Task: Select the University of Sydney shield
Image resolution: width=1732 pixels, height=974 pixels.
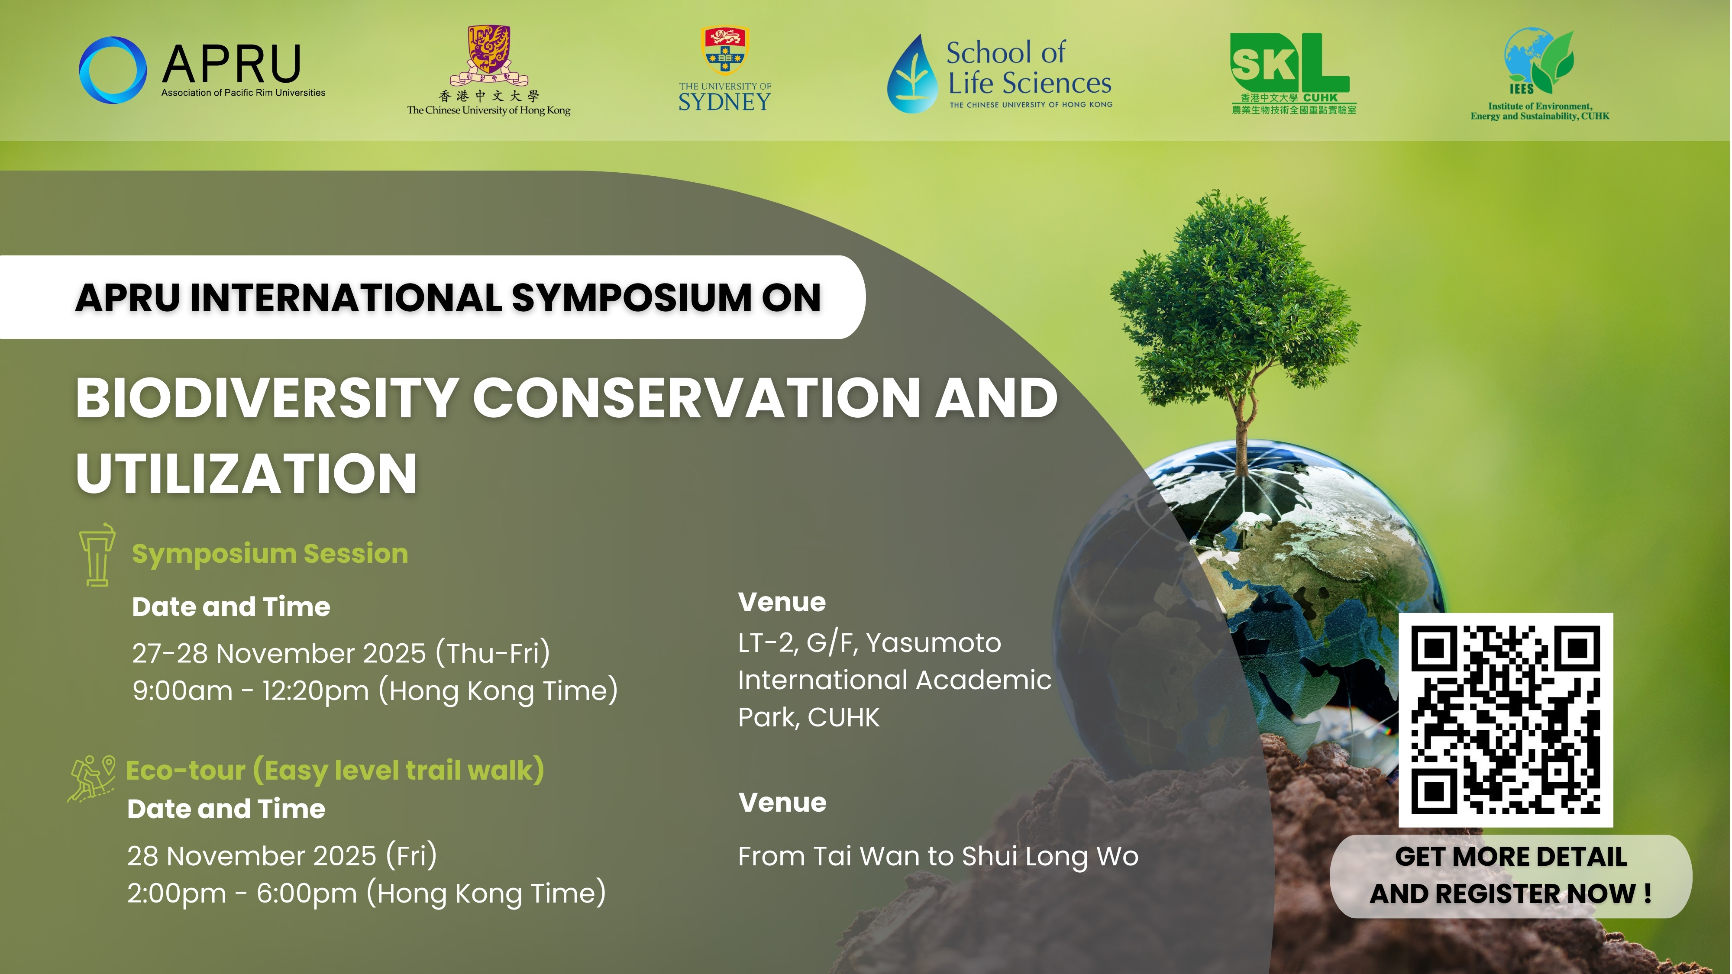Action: click(x=724, y=50)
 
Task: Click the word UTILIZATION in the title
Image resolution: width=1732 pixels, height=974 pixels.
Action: click(x=247, y=473)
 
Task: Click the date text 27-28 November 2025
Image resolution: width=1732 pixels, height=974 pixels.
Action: click(x=279, y=653)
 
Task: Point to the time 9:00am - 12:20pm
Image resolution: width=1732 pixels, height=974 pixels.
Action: click(x=251, y=691)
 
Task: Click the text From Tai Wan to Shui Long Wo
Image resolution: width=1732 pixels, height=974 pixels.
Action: click(x=938, y=856)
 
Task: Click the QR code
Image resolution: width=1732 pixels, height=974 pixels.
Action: click(x=1506, y=720)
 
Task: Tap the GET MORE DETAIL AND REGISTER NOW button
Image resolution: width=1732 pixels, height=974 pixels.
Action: click(x=1511, y=876)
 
